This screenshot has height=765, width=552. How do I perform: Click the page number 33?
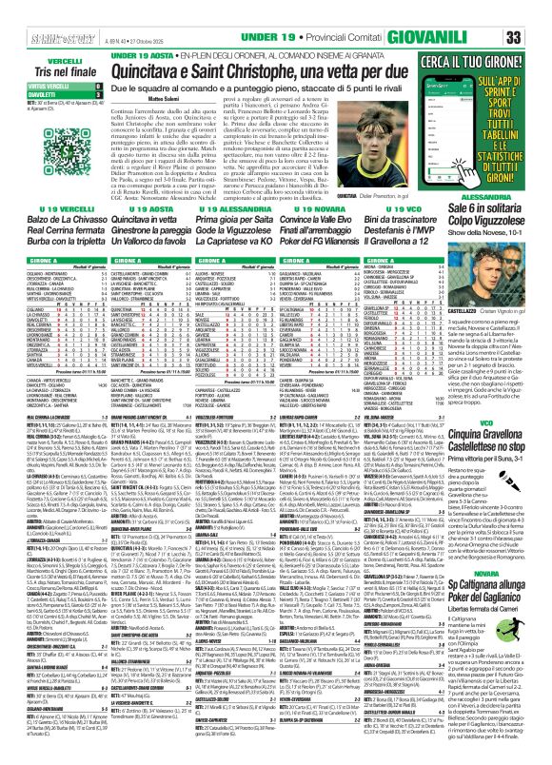tap(536, 13)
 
